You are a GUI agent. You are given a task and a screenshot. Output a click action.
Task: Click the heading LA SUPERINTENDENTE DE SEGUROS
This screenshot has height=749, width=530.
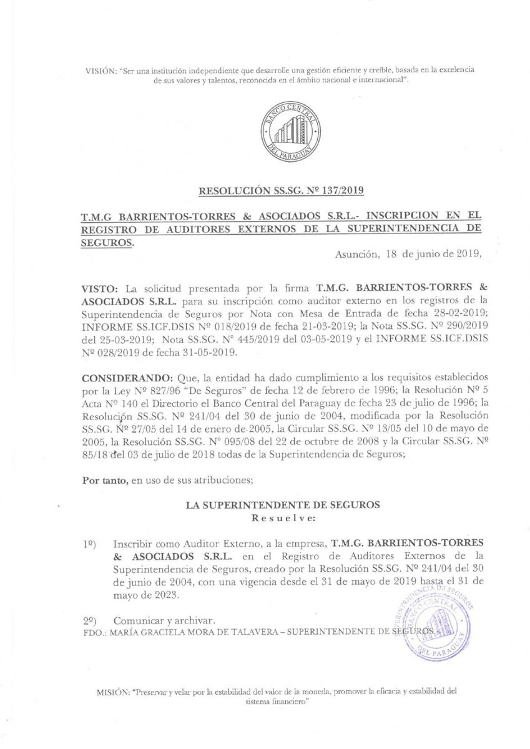click(x=283, y=506)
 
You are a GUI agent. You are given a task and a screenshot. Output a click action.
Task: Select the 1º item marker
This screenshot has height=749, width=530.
click(x=89, y=545)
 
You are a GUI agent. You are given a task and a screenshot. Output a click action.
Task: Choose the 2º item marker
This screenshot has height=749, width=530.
click(x=89, y=621)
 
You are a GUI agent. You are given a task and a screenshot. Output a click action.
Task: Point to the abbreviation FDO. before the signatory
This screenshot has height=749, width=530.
click(x=94, y=632)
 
